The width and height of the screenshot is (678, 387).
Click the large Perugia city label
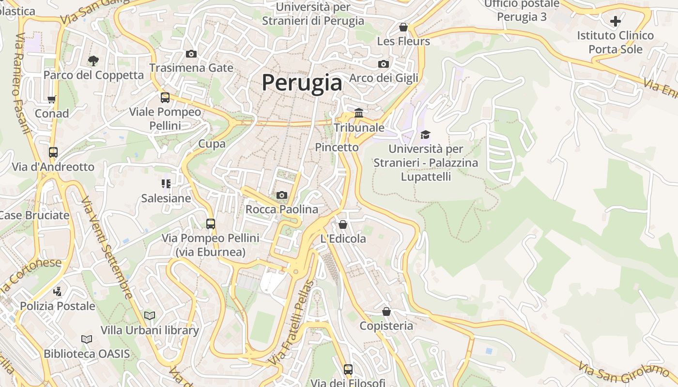(302, 83)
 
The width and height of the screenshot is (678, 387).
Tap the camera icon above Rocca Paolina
(281, 195)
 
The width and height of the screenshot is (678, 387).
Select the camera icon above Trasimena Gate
(191, 54)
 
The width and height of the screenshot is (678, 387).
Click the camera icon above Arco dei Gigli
(383, 64)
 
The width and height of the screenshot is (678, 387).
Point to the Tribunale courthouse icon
(359, 113)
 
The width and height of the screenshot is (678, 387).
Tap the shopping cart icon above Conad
(52, 99)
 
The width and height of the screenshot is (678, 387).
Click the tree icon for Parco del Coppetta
(93, 60)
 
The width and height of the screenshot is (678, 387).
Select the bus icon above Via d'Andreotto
(53, 152)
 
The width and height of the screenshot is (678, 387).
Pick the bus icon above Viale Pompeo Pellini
(165, 98)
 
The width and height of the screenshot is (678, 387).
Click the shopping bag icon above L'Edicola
(343, 224)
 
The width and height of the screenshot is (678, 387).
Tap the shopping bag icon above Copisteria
(386, 312)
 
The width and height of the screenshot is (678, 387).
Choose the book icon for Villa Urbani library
(150, 315)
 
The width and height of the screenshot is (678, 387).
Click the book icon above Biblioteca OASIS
(87, 339)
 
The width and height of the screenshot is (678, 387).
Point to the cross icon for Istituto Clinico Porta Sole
(616, 21)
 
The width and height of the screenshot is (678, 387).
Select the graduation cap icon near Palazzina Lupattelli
(425, 134)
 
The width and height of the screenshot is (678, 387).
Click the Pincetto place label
(337, 147)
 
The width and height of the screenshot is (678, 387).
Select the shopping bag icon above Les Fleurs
(403, 27)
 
